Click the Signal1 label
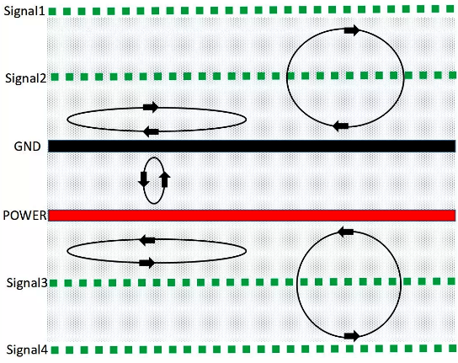(24, 11)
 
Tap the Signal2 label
(26, 78)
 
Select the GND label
(27, 147)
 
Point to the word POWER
(24, 216)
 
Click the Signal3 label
(27, 283)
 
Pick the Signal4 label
(27, 350)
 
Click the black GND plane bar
(252, 147)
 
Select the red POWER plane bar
(252, 216)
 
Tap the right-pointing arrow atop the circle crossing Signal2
(352, 30)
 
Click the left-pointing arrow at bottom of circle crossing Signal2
(341, 126)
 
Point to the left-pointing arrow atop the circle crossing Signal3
(345, 232)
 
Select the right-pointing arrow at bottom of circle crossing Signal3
(352, 336)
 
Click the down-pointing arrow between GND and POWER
(144, 179)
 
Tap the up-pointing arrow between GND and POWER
(165, 179)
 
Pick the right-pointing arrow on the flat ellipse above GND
(151, 107)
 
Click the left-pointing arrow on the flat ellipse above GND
(151, 132)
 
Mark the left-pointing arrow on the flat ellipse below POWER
(147, 240)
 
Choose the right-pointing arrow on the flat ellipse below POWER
(147, 263)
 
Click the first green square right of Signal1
(52, 12)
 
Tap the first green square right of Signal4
(55, 350)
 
